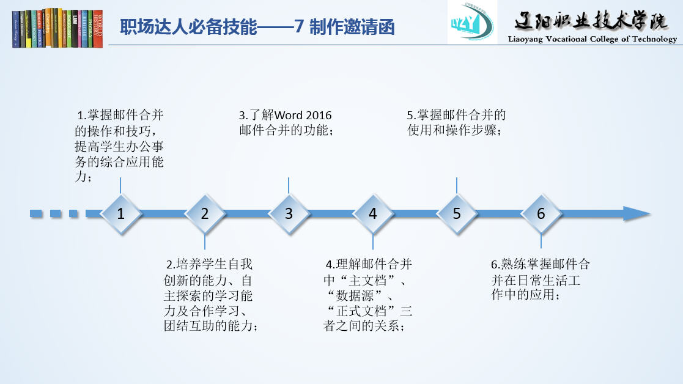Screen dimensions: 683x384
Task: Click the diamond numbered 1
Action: pos(120,213)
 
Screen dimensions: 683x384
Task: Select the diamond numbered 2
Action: pos(205,213)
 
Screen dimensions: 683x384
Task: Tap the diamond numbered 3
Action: pos(289,213)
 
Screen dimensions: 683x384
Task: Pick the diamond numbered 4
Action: pos(373,213)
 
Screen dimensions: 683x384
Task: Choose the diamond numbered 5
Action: pos(457,213)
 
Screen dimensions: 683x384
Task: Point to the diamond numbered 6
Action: pos(541,213)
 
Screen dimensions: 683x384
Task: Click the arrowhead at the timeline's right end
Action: pos(636,213)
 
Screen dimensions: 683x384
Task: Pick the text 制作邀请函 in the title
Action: pos(352,28)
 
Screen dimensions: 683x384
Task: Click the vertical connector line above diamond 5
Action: pos(457,185)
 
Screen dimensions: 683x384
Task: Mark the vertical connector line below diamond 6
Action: pos(541,241)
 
